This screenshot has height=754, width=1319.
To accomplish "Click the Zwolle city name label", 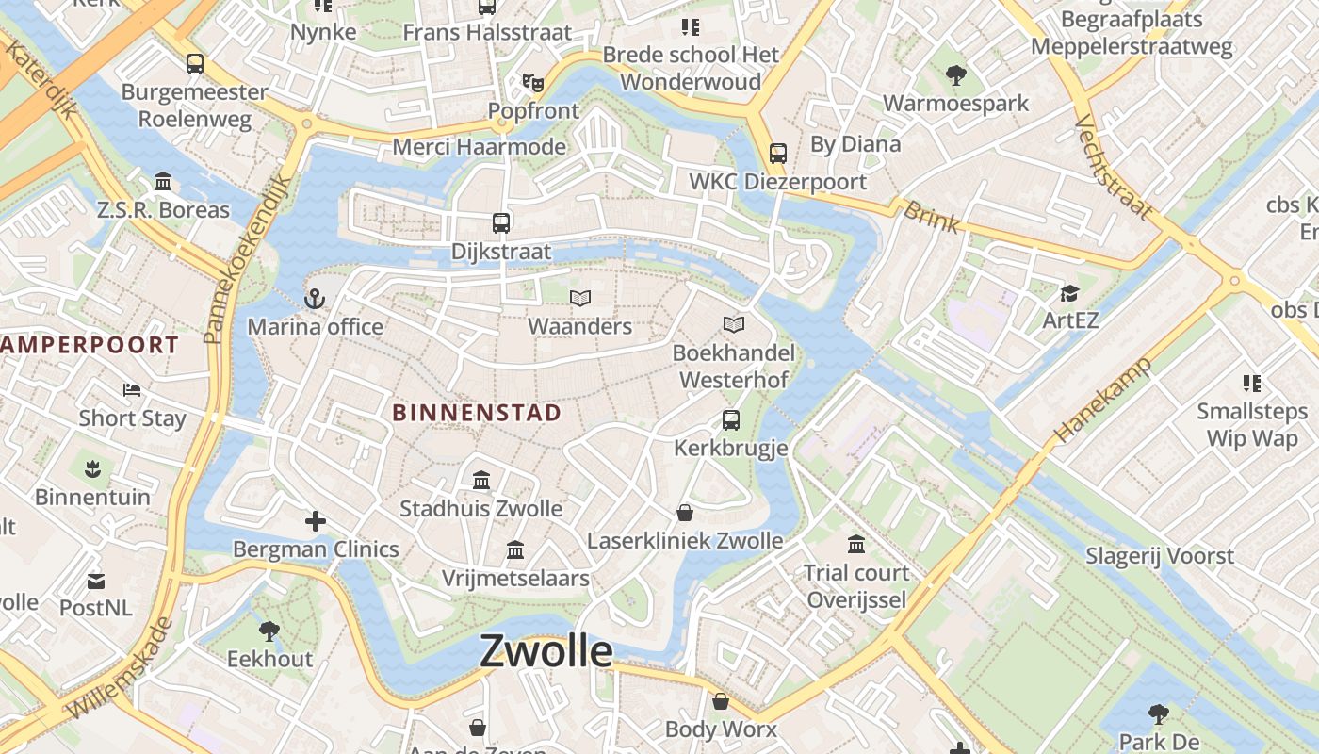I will [x=546, y=651].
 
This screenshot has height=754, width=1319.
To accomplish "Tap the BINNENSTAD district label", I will [x=477, y=413].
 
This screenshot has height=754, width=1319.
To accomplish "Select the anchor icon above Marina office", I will [x=315, y=300].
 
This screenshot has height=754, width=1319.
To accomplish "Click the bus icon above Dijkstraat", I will [x=501, y=223].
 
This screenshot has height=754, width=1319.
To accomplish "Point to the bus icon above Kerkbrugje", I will [x=731, y=420].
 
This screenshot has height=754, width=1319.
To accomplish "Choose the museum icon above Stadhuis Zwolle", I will [x=481, y=481].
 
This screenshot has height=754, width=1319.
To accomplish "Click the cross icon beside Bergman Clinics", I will [x=316, y=521].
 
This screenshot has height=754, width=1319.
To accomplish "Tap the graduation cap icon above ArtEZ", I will [x=1069, y=293].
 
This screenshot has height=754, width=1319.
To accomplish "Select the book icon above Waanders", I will [x=580, y=299].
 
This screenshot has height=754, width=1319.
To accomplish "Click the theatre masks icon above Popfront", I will [x=533, y=83].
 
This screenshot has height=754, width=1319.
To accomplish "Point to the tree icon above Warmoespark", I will [x=956, y=75].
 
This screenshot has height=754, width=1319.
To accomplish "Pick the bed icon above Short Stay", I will [x=132, y=390].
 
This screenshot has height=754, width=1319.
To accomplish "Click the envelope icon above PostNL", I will [x=96, y=581].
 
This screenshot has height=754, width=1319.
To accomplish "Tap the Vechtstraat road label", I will [x=1112, y=168].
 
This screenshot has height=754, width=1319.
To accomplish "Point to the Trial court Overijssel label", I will [x=856, y=586].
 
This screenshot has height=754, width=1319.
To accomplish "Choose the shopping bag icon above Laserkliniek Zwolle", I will [x=685, y=513].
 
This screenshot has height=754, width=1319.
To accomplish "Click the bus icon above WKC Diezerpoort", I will [x=778, y=154].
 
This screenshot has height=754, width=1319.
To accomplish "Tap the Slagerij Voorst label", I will [x=1160, y=556].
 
